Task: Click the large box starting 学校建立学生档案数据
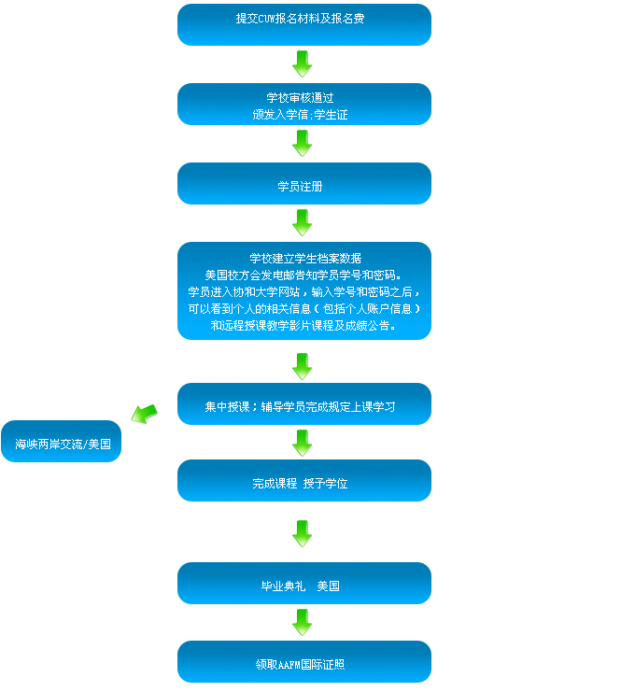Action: [303, 290]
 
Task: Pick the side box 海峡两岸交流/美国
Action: [62, 443]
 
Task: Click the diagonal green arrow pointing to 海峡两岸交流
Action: [144, 413]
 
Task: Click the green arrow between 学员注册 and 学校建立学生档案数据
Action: [302, 222]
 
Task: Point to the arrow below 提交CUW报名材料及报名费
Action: [302, 64]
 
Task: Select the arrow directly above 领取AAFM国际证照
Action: [302, 622]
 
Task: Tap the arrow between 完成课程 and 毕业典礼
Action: [302, 532]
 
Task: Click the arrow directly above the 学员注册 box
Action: [302, 143]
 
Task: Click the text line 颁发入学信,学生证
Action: [300, 114]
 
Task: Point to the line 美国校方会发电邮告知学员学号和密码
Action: [303, 275]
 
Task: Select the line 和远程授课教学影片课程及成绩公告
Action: [303, 325]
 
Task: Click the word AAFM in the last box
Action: [289, 665]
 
